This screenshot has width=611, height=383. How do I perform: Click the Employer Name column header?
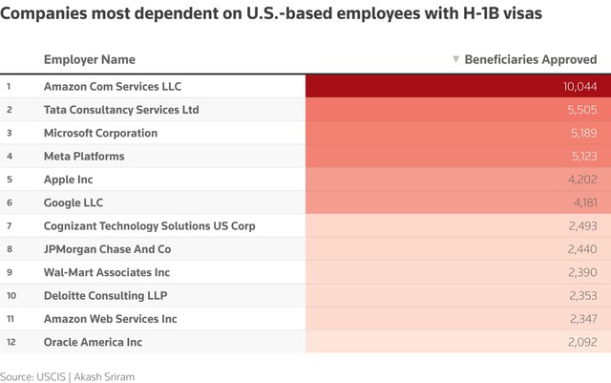pos(90,59)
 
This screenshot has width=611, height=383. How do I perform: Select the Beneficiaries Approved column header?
pos(530,59)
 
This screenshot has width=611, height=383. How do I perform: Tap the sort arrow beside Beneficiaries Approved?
pos(455,59)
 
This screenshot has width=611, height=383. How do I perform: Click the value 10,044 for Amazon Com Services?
pos(579,86)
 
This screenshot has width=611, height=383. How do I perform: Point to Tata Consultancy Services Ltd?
pos(121,110)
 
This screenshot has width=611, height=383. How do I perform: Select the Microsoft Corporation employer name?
pos(100,133)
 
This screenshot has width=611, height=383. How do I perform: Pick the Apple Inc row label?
pos(68,180)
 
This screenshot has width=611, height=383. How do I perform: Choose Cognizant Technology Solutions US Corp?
pos(150,226)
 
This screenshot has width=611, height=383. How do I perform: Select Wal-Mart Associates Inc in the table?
pos(106,272)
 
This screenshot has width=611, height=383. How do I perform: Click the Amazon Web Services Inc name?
pos(111,319)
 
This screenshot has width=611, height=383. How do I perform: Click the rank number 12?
pos(10,342)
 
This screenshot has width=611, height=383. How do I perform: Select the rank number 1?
pos(9,86)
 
